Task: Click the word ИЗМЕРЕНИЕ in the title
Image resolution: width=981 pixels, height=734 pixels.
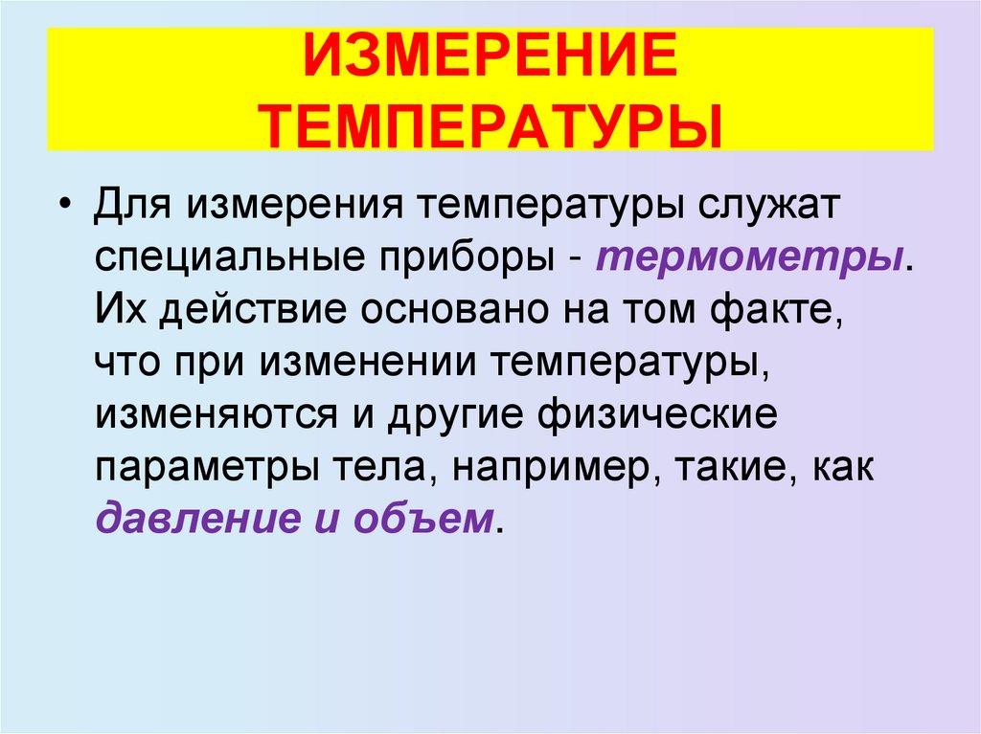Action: point(490,62)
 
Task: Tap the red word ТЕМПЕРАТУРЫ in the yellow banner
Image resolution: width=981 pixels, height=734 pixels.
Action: point(490,124)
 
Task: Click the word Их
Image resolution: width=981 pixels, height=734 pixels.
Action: point(118,313)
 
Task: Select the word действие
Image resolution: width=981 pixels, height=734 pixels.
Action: point(243,313)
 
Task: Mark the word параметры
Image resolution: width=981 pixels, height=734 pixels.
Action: point(202,469)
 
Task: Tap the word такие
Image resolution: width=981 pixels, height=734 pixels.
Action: point(729,469)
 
